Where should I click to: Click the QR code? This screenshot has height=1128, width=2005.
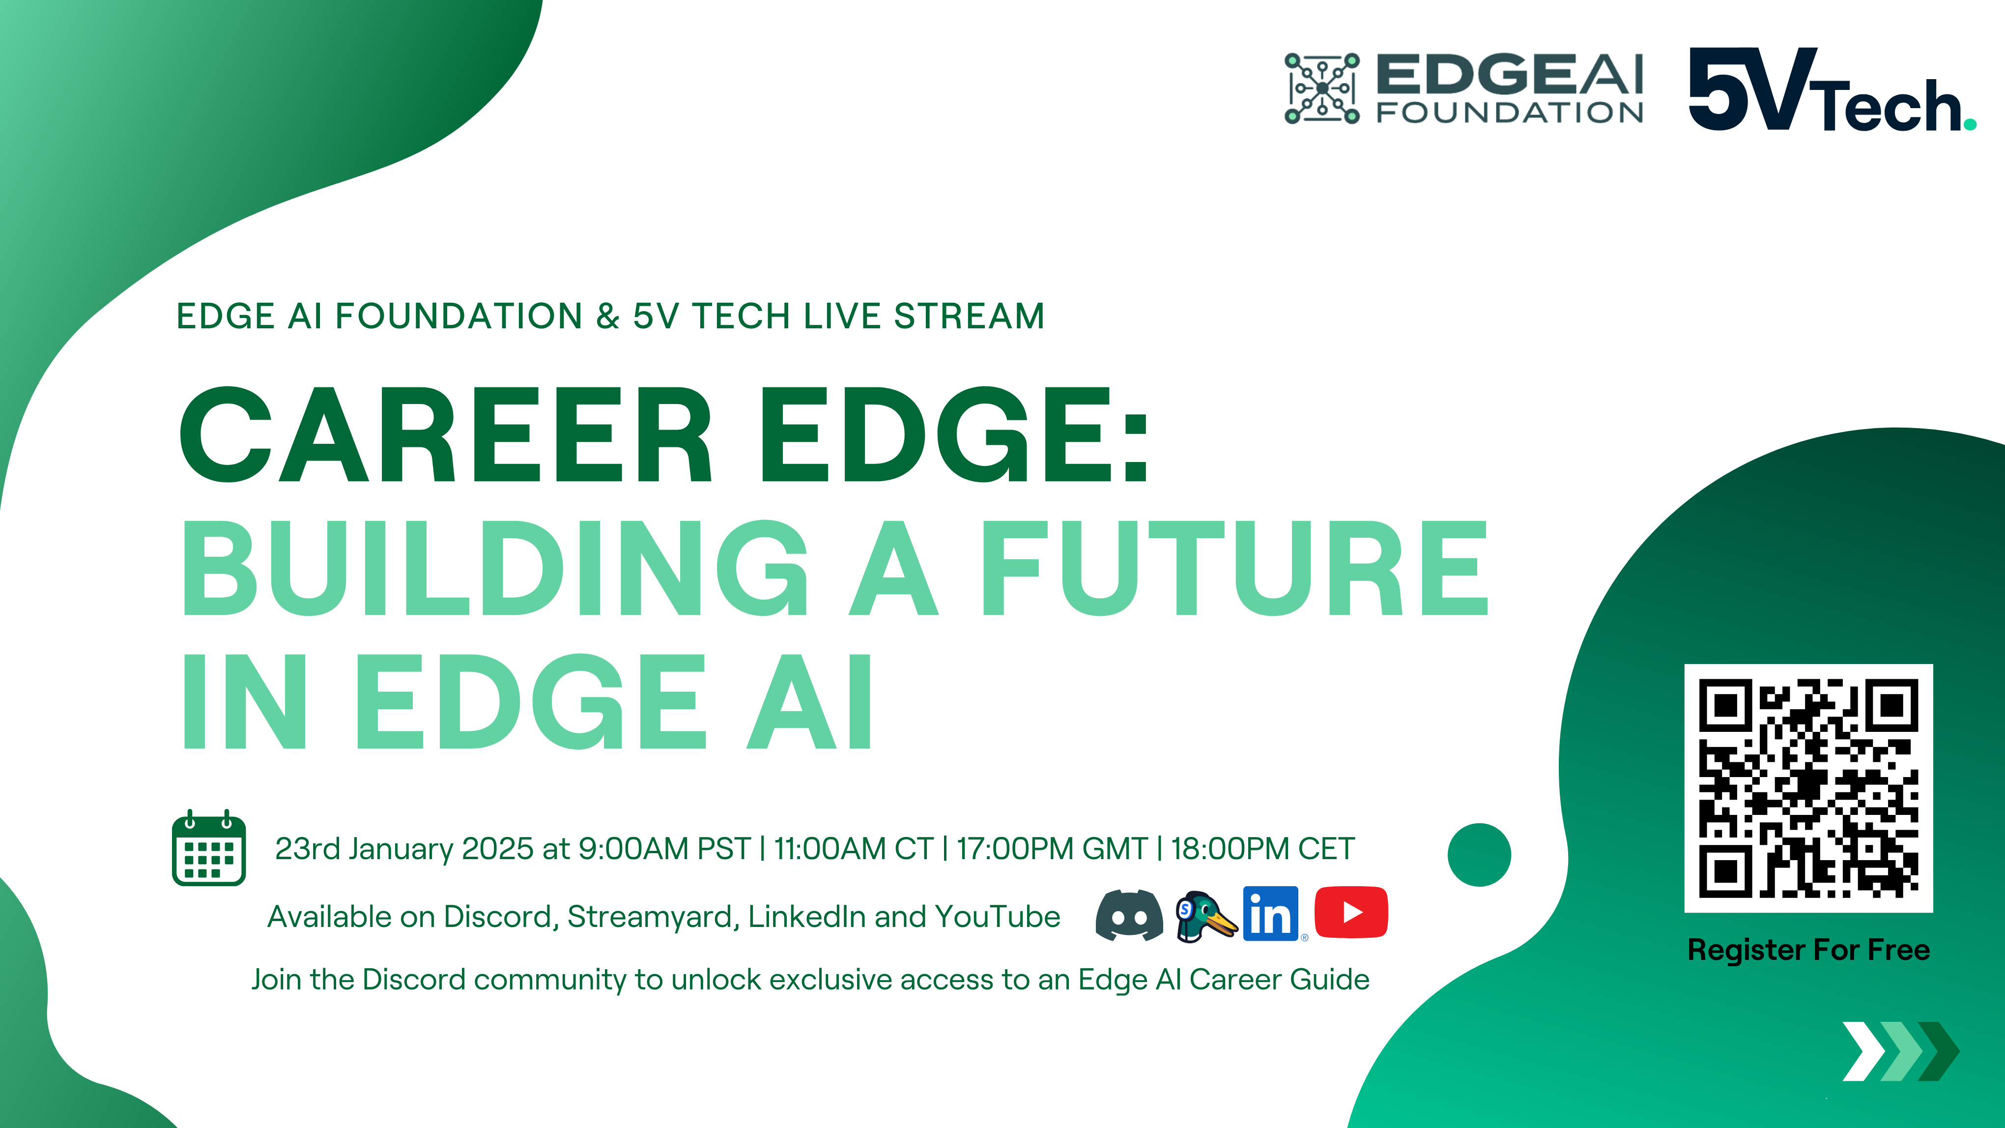(x=1808, y=788)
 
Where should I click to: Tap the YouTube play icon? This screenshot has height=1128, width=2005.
(x=1351, y=912)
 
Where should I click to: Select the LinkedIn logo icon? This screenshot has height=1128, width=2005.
(x=1270, y=914)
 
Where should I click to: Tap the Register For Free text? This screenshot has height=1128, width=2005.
(x=1808, y=950)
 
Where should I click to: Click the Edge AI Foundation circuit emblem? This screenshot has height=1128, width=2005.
(x=1321, y=88)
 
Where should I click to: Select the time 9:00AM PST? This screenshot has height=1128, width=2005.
(x=664, y=848)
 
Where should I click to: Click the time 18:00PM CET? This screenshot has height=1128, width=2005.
(x=1262, y=848)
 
